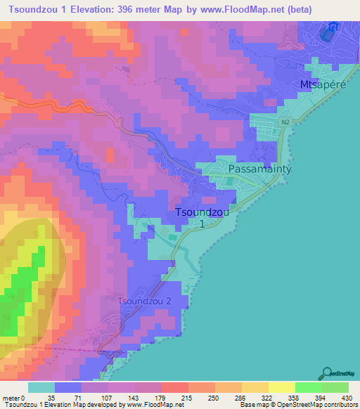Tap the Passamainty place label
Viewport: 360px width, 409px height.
point(259,169)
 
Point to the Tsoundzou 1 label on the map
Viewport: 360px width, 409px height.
point(201,216)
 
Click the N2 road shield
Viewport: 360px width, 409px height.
point(285,122)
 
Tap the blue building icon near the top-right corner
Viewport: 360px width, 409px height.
point(328,31)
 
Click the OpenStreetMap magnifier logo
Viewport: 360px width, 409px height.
point(326,373)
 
